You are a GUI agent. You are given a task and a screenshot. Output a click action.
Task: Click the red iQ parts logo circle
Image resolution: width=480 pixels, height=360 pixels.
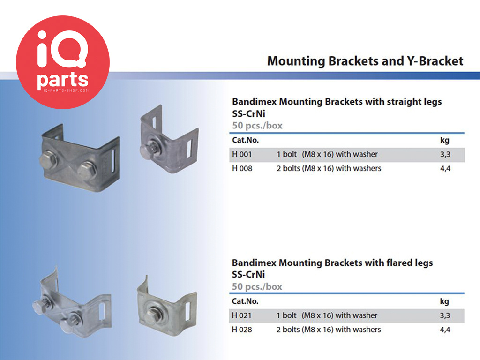point(63,62)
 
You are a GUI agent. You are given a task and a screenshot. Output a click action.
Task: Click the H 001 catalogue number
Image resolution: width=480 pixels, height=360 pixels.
point(242,154)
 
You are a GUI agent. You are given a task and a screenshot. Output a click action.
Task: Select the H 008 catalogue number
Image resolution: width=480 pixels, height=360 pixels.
point(242,168)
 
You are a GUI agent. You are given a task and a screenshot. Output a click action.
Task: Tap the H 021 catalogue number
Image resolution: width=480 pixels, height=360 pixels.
point(241,315)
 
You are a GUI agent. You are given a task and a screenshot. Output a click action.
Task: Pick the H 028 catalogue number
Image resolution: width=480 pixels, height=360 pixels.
point(242,330)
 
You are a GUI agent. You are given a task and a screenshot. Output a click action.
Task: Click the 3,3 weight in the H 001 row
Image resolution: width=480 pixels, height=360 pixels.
point(445,154)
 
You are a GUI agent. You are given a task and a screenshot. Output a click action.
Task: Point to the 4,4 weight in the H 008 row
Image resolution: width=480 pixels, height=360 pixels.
point(445,168)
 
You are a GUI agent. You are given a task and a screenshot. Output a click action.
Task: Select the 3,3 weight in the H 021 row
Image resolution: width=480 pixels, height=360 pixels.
point(445,315)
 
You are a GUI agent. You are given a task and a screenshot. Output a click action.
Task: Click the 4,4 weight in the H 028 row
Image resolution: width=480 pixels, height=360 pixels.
point(445,330)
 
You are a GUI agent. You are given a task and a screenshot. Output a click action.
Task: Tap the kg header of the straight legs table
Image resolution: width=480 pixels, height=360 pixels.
point(445,140)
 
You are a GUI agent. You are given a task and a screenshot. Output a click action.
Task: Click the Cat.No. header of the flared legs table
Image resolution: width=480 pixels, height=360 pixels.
point(245,301)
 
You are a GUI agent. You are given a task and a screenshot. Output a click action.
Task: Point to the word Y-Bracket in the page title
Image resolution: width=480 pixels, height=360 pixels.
point(435,61)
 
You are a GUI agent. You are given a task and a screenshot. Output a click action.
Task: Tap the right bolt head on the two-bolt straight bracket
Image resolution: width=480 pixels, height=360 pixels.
point(87,171)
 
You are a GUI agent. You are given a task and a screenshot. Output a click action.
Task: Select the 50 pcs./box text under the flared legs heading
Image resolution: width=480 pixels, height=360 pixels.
point(257,286)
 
